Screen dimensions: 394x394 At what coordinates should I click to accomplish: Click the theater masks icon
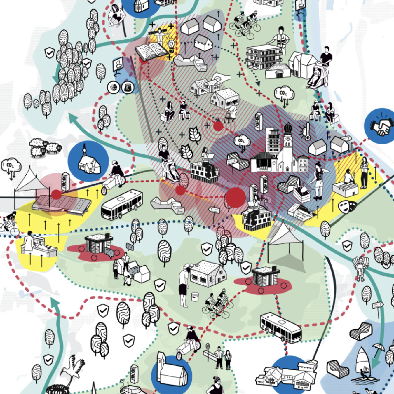(348, 206)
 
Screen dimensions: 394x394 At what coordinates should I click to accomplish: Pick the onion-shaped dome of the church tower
(288, 128)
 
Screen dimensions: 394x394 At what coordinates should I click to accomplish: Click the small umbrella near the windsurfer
(379, 347)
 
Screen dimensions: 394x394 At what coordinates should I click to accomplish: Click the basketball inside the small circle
(114, 87)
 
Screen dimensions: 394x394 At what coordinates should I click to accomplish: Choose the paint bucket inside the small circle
(128, 87)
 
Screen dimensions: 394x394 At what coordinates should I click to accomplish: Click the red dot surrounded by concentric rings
(218, 126)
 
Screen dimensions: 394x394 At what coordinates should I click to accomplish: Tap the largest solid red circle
(235, 198)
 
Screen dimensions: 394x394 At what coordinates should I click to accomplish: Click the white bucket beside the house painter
(195, 297)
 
